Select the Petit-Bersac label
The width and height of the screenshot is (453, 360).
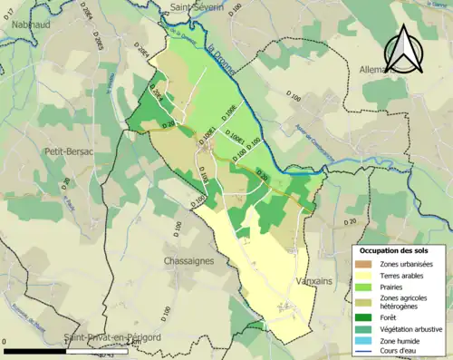pyautogui.click(x=68, y=152)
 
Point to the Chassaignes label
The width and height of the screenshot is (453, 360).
pyautogui.click(x=188, y=261)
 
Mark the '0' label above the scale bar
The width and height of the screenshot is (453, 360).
pyautogui.click(x=5, y=342)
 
